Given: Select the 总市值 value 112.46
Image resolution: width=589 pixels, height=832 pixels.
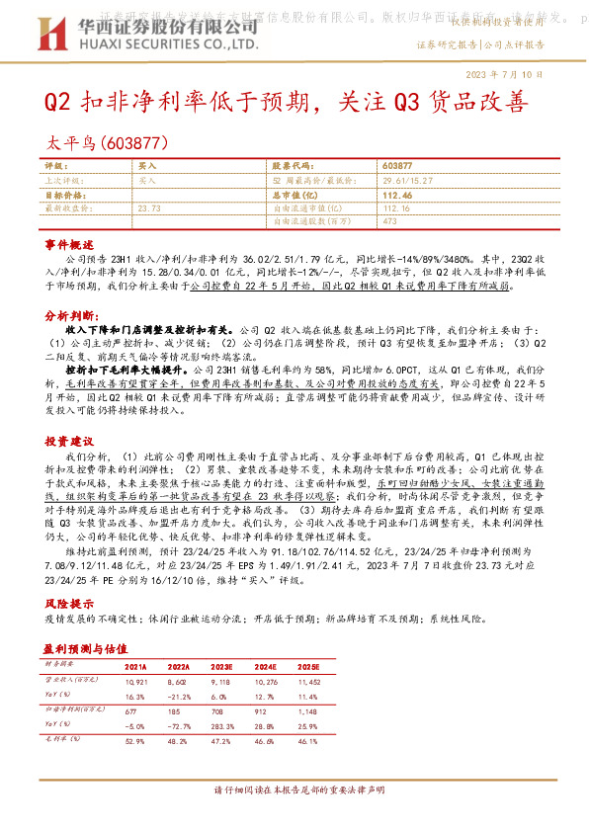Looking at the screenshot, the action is (x=396, y=195).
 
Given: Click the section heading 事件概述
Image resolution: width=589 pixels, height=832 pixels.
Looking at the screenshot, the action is (x=69, y=243).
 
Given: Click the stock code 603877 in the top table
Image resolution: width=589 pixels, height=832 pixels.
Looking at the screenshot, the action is (x=396, y=167).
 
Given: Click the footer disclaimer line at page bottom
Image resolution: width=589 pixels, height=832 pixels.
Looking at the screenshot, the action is (x=294, y=790).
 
